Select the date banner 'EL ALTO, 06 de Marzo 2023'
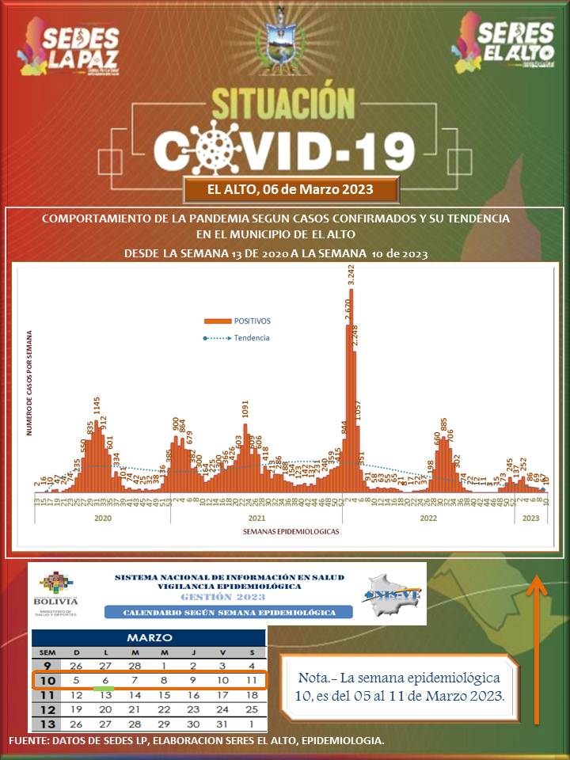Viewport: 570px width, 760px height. [290, 190]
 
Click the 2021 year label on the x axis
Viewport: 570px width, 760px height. [256, 518]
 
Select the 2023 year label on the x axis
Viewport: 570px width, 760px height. [530, 518]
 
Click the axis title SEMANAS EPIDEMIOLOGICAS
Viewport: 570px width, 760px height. [291, 532]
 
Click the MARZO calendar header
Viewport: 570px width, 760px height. [150, 637]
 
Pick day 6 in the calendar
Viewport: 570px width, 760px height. [104, 680]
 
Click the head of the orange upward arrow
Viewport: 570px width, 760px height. [538, 587]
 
